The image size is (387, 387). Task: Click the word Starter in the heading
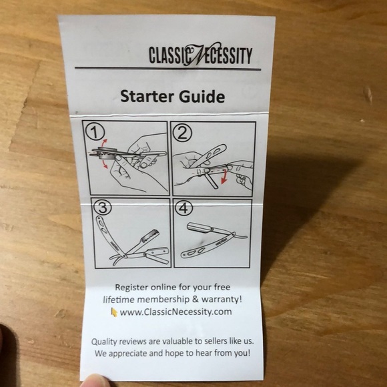[147, 96]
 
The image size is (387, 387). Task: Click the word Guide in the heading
[202, 96]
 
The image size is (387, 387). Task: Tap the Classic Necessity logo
[200, 54]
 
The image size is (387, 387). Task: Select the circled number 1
[95, 132]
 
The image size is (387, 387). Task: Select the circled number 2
[182, 133]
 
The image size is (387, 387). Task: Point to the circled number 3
[103, 207]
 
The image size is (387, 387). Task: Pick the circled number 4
[183, 208]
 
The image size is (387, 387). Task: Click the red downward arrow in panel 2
[224, 177]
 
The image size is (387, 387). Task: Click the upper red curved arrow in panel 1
[104, 144]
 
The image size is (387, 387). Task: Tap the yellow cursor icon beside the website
[114, 312]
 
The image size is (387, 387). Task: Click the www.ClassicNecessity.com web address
[175, 312]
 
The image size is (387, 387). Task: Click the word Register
[131, 288]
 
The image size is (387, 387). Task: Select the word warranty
[222, 299]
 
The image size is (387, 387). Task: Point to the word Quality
[105, 342]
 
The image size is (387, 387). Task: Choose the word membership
[163, 300]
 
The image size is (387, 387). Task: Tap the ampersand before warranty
[196, 300]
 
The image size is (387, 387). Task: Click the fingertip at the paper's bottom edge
[95, 380]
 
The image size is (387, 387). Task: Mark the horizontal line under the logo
[168, 68]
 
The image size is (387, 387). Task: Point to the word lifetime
[119, 300]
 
